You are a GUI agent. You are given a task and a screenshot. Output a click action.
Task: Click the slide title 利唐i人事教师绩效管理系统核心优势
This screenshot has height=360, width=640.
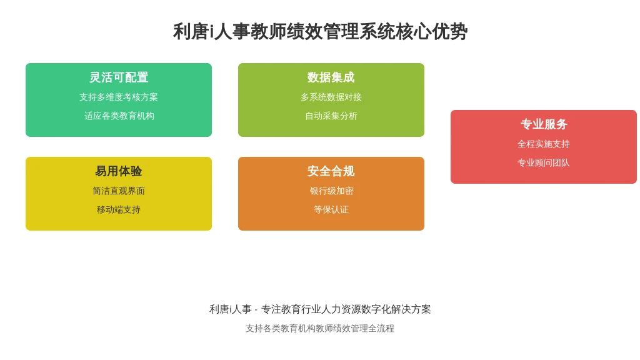(320, 31)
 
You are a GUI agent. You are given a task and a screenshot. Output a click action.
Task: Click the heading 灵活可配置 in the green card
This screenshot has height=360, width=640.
(119, 77)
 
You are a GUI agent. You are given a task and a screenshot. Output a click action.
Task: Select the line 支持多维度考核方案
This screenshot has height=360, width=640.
(119, 97)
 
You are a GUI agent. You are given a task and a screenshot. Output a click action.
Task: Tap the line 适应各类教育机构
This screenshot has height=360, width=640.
(119, 116)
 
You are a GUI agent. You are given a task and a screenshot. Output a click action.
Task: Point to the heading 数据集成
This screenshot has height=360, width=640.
(331, 77)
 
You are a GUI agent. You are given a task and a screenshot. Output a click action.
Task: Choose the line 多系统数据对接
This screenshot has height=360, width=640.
(331, 97)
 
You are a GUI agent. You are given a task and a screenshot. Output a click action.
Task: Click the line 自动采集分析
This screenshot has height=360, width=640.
(331, 116)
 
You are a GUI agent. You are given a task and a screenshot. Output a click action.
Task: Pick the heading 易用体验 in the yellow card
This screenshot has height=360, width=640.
(119, 171)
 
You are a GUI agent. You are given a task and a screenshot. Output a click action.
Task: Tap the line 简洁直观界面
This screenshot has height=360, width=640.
(119, 191)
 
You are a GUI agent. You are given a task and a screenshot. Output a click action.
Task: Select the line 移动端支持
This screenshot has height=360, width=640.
(119, 210)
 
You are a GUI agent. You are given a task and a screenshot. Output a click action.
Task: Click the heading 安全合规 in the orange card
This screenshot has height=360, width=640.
(331, 171)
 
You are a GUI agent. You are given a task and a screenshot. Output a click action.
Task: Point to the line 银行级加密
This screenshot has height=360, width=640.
(331, 191)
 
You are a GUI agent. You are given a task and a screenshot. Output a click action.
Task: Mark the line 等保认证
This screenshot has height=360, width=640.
(331, 210)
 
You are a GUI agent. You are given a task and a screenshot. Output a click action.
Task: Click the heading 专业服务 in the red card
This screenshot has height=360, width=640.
(544, 124)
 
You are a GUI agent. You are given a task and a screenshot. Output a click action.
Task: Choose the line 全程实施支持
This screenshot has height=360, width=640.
(544, 144)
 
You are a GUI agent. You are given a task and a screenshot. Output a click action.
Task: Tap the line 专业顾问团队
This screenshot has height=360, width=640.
(544, 163)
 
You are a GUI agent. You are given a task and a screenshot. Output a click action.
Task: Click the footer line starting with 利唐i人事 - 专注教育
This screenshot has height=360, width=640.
(320, 309)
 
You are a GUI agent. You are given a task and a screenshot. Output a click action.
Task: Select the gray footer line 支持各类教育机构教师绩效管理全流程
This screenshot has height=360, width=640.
(320, 329)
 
